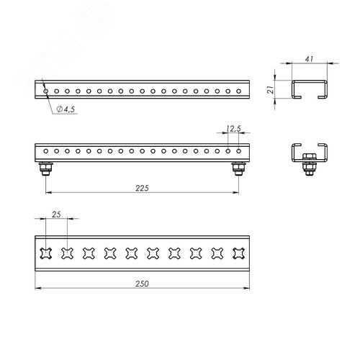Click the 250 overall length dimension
tap(142, 284)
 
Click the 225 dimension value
tap(142, 188)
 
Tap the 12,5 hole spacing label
tap(233, 129)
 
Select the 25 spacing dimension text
tap(56, 215)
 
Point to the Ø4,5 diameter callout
tap(66, 109)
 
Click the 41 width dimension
tap(309, 59)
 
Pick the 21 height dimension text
tap(271, 89)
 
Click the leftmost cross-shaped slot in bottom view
tap(46, 253)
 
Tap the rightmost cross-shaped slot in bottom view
tap(239, 253)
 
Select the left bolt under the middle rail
tap(46, 168)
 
